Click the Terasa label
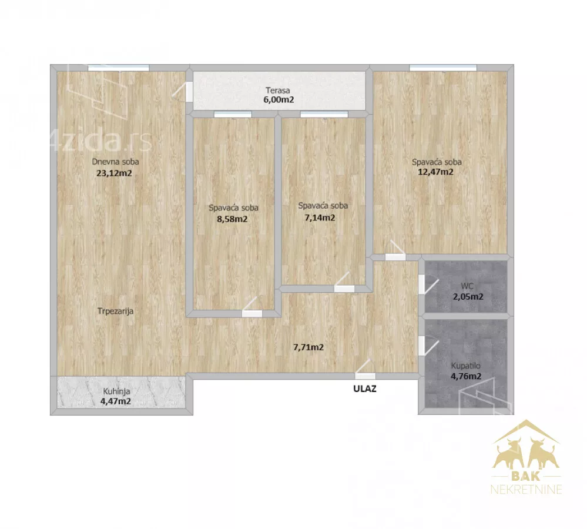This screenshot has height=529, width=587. pyautogui.click(x=278, y=91)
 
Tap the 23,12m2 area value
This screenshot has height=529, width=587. pyautogui.click(x=114, y=173)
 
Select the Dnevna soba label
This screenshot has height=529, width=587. pyautogui.click(x=115, y=162)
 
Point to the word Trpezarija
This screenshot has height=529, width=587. pyautogui.click(x=115, y=311)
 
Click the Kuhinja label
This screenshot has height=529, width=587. pyautogui.click(x=116, y=391)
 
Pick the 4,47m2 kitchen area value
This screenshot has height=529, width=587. pyautogui.click(x=115, y=401)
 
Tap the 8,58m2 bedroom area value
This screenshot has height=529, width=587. pyautogui.click(x=232, y=219)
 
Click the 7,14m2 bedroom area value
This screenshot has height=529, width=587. pyautogui.click(x=320, y=217)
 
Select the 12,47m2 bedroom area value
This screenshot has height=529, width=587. pyautogui.click(x=435, y=172)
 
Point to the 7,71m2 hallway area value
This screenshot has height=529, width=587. pyautogui.click(x=308, y=347)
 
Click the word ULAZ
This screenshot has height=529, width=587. pyautogui.click(x=365, y=389)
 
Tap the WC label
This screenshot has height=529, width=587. pyautogui.click(x=467, y=286)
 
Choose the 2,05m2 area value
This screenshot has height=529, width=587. pyautogui.click(x=468, y=297)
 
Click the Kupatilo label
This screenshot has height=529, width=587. pyautogui.click(x=466, y=366)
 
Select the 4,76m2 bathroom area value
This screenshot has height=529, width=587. pyautogui.click(x=466, y=376)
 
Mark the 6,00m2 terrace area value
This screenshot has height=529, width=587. pyautogui.click(x=279, y=100)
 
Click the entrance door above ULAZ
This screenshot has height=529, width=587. pyautogui.click(x=365, y=376)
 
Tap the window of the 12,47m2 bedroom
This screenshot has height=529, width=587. pyautogui.click(x=443, y=68)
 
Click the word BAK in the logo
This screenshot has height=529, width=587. pyautogui.click(x=526, y=476)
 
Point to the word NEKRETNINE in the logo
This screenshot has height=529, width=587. pyautogui.click(x=526, y=489)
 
